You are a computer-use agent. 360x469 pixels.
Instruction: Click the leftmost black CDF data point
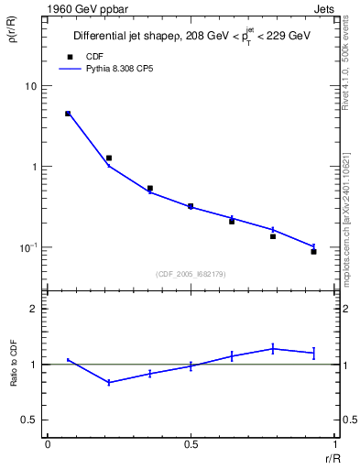(x=68, y=114)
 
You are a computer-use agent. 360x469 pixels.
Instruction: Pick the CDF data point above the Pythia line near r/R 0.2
(x=109, y=158)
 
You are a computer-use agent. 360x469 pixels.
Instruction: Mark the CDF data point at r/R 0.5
(x=191, y=206)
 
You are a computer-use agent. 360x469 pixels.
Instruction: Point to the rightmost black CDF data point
(x=313, y=251)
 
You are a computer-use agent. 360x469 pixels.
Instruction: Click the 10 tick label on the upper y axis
(x=29, y=86)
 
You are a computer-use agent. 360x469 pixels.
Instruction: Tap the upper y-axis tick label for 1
(x=33, y=167)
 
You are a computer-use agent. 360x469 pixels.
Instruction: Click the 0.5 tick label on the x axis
(x=191, y=444)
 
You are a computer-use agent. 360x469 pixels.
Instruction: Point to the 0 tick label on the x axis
(x=48, y=444)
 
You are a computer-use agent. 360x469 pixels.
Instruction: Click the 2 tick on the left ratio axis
(x=33, y=309)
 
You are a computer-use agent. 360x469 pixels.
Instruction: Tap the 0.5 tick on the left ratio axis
(x=29, y=420)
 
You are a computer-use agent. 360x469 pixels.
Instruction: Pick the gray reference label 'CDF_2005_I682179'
(x=191, y=274)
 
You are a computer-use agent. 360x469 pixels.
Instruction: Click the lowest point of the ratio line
(x=109, y=382)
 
